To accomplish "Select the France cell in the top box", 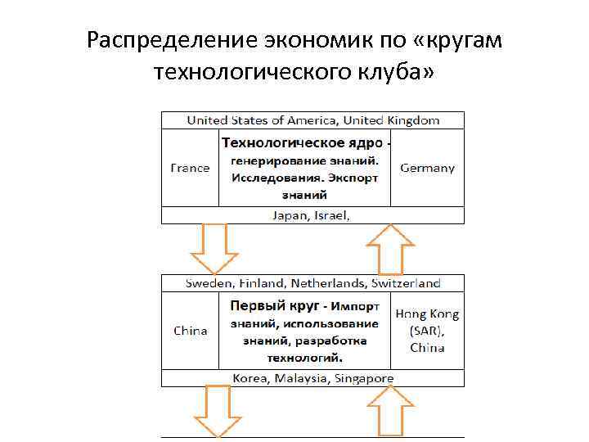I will pyautogui.click(x=190, y=168).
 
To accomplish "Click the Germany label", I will pyautogui.click(x=427, y=168).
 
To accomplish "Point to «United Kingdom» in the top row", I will pyautogui.click(x=391, y=120).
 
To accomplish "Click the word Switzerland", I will pyautogui.click(x=406, y=283).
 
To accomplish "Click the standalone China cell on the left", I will pyautogui.click(x=190, y=331).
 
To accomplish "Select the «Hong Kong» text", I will pyautogui.click(x=427, y=314).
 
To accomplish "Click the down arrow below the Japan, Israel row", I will pyautogui.click(x=214, y=248).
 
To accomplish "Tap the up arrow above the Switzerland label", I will pyautogui.click(x=390, y=248).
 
